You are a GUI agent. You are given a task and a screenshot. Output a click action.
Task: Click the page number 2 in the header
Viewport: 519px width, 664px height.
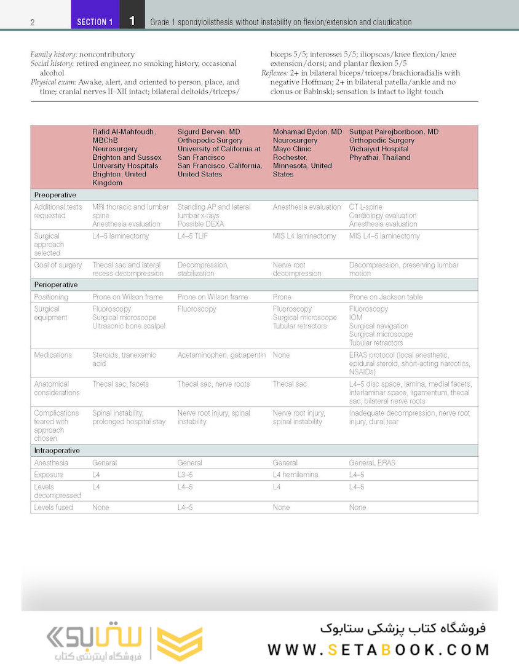[32, 22]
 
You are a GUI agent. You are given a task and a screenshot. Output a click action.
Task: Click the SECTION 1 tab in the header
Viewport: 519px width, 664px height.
[95, 22]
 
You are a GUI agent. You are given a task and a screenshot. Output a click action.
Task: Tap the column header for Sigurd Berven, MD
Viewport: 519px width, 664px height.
[219, 152]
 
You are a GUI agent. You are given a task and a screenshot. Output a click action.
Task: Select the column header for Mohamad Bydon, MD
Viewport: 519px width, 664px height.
[307, 152]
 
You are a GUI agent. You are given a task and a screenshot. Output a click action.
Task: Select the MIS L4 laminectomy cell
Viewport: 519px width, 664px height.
[304, 236]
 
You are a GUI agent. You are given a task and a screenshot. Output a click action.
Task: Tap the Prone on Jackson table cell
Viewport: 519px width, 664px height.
[386, 297]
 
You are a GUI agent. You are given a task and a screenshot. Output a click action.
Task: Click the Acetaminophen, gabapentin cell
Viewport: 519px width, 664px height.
[221, 355]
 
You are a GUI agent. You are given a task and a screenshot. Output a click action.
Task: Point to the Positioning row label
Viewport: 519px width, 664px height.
[51, 297]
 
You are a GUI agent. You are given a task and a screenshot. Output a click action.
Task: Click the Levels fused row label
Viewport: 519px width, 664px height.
[53, 508]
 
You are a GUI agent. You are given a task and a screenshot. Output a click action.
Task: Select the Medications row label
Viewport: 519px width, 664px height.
[53, 355]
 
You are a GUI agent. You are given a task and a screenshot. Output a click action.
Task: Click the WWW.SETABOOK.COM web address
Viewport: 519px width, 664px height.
[378, 649]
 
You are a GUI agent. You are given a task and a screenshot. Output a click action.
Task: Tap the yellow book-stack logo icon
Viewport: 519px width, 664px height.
[179, 644]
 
